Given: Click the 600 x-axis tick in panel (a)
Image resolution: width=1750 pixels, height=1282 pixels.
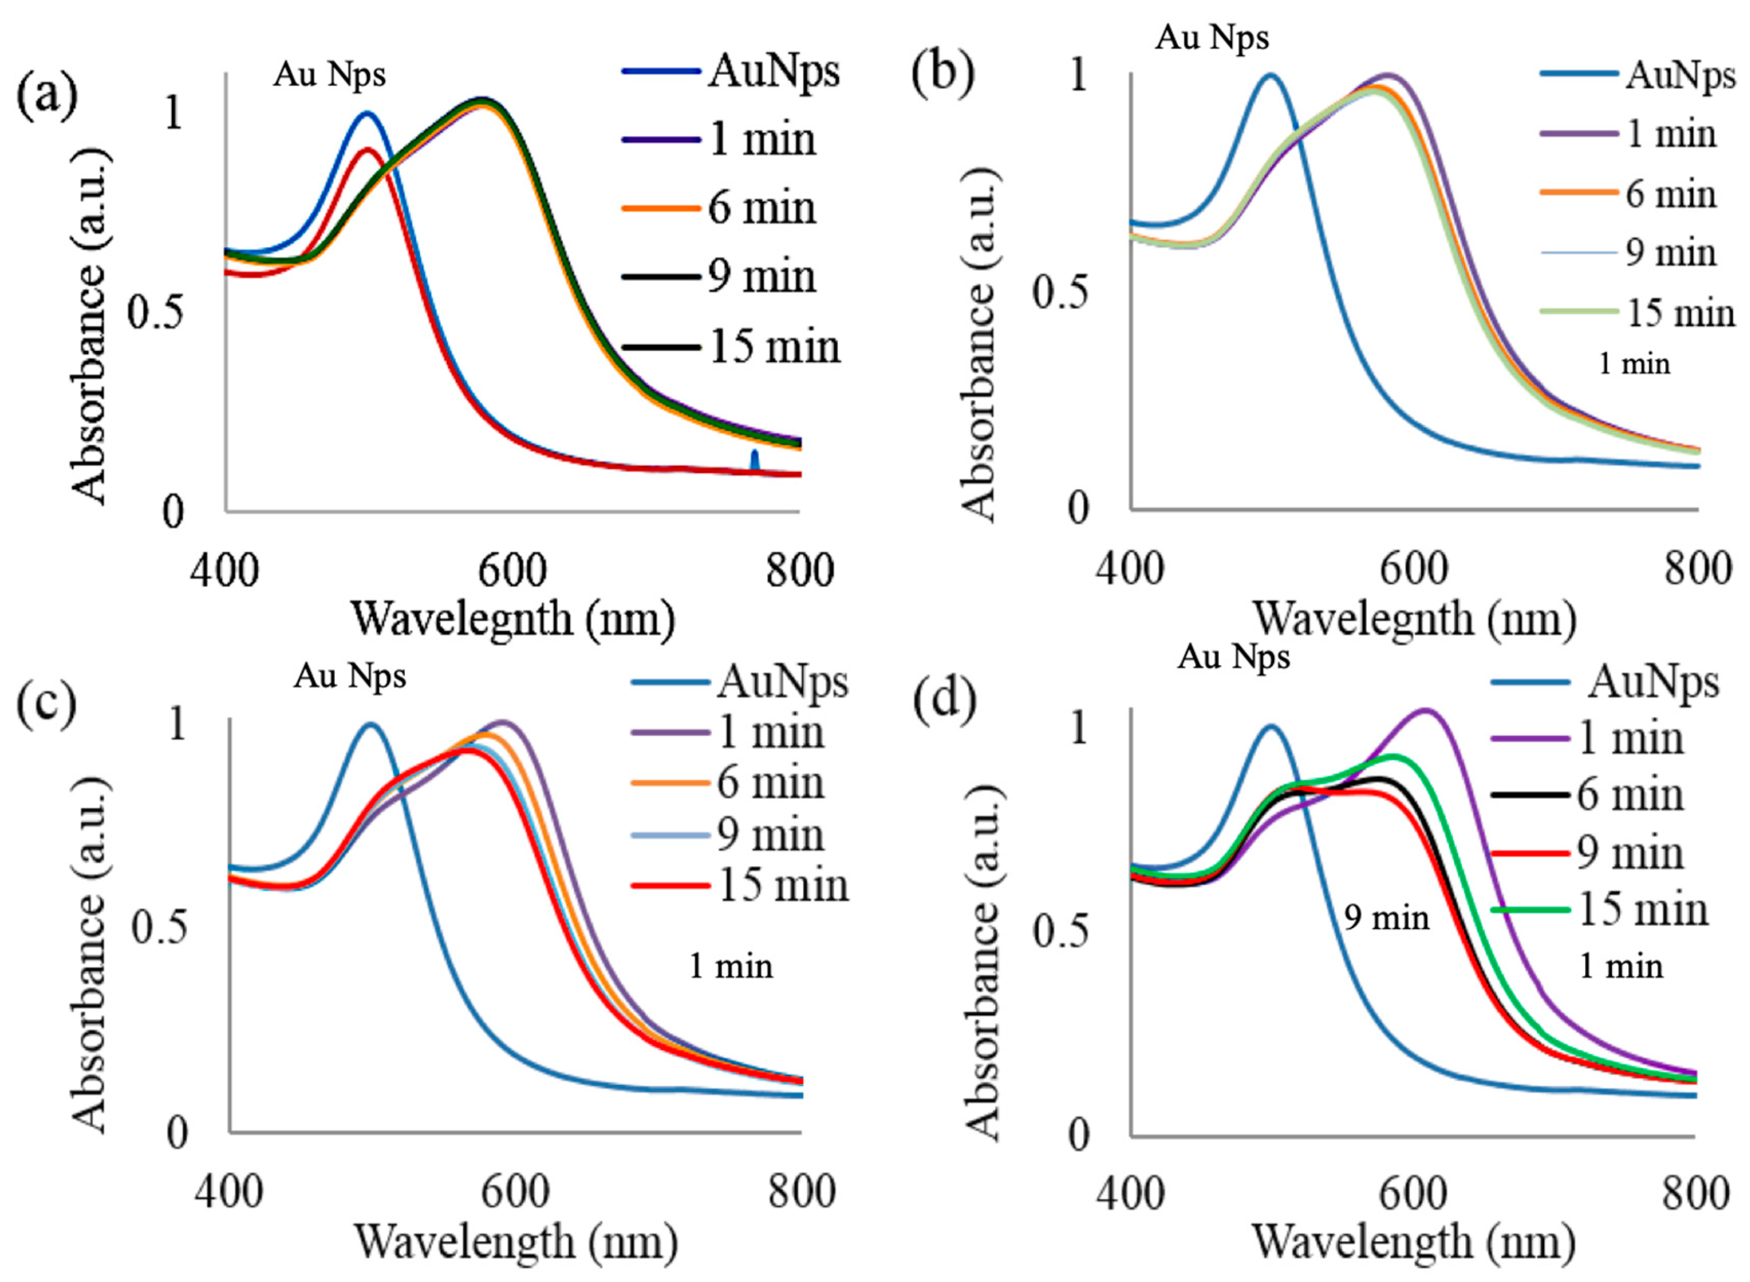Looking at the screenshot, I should point(512,571).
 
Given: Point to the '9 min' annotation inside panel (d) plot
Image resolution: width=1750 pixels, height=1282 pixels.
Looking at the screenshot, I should point(1387,918).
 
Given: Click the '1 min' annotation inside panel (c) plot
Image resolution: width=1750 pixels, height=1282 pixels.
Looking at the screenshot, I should point(731,966).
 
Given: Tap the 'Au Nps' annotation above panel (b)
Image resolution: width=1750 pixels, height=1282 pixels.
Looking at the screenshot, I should point(1212,37).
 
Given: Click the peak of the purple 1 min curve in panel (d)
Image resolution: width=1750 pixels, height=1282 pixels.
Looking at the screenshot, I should point(1425,709).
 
